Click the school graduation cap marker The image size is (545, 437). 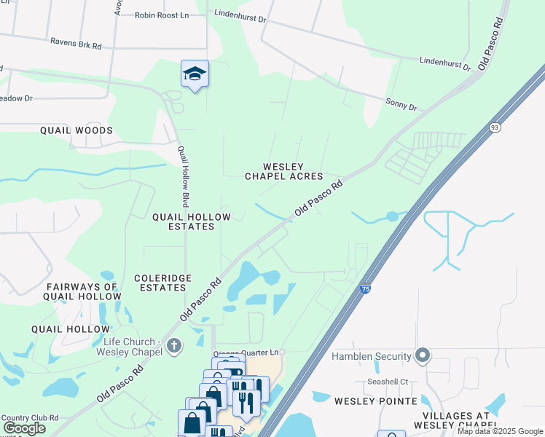pos(195,74)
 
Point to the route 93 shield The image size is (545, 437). pos(495,127)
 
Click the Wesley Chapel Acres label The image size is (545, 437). pos(283,171)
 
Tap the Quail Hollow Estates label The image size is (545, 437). pos(183,221)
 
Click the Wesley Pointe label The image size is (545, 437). pos(376,401)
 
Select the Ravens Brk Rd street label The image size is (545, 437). pos(76,43)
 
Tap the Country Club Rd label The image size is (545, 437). pos(29,419)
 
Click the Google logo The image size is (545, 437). pos(24,428)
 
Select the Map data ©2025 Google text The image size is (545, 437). pos(500,431)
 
